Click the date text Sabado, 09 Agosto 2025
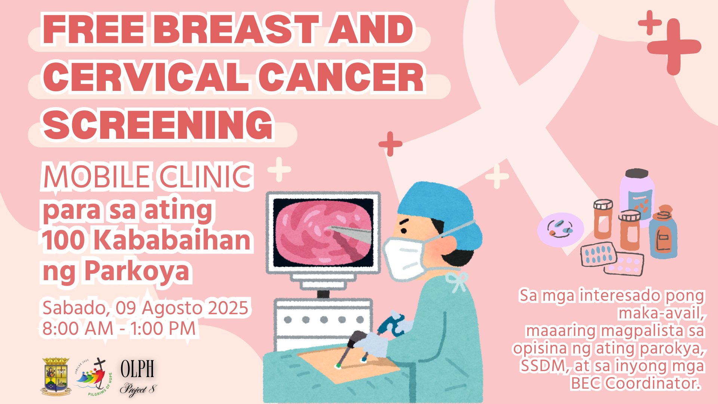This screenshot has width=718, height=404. click(145, 308)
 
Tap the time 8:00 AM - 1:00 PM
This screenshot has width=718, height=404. click(119, 329)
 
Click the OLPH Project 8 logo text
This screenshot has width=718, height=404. click(137, 377)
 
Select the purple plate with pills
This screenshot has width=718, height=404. click(560, 229)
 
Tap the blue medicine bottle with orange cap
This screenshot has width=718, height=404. click(663, 234)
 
